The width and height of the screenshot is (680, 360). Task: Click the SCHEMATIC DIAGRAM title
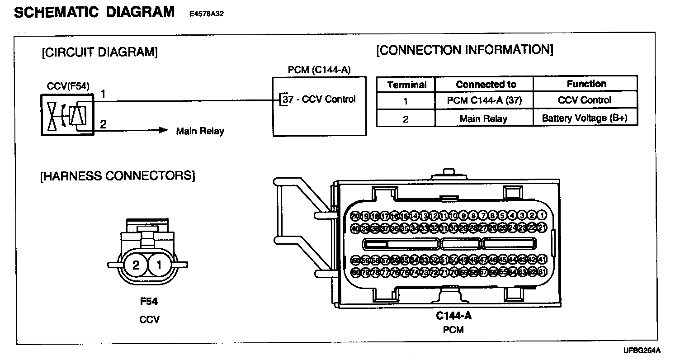[94, 12]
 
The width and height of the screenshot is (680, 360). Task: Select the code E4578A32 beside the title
[207, 14]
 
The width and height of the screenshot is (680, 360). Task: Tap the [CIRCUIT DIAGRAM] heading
[99, 52]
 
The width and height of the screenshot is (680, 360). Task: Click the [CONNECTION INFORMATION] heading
[464, 50]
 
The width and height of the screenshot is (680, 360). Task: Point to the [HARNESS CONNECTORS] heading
[118, 175]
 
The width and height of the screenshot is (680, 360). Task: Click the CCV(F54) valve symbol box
[67, 115]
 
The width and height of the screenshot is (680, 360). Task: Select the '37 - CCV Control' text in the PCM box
[319, 99]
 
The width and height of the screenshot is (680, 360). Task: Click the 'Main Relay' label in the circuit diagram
[200, 132]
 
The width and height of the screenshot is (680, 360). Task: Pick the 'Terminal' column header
[406, 85]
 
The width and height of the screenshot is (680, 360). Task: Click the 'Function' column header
[586, 84]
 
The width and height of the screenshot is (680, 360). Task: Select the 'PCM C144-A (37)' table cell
[484, 101]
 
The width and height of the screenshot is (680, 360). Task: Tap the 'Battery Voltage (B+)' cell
[586, 118]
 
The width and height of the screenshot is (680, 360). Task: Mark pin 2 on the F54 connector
[136, 265]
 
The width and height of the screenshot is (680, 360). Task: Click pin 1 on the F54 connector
[159, 265]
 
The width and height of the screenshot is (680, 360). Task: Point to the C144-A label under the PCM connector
[453, 315]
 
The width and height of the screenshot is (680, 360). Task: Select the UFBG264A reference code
[642, 351]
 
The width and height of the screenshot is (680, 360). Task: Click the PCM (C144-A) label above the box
[319, 70]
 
